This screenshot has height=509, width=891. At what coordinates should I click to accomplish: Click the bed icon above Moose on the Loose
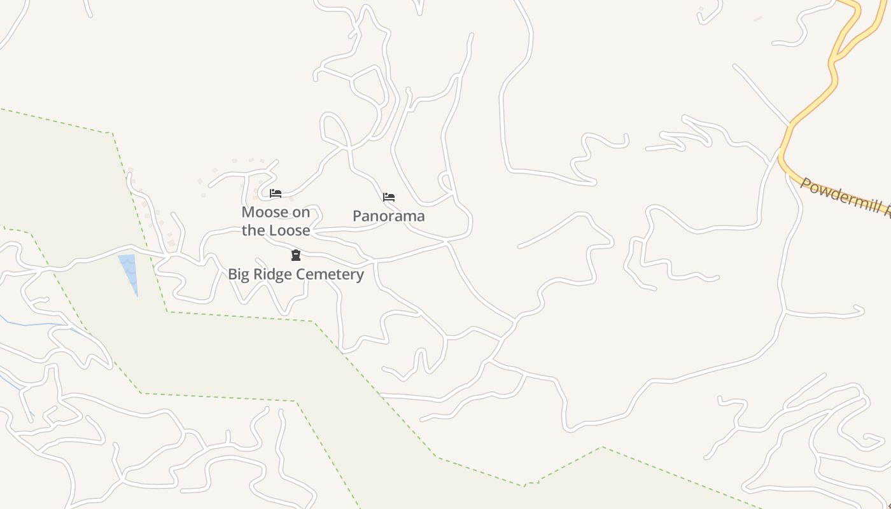tap(276, 193)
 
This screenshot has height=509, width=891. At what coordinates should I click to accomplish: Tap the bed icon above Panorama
tap(389, 197)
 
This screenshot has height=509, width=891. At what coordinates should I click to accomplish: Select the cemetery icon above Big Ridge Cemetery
tap(296, 255)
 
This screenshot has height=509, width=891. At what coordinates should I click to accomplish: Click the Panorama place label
tap(389, 216)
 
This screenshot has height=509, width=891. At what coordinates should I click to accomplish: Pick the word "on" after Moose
tap(302, 212)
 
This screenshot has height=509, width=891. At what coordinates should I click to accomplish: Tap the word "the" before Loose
tap(253, 230)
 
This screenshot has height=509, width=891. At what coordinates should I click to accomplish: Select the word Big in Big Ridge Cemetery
tap(239, 274)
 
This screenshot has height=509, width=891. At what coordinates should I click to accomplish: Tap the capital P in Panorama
tap(357, 216)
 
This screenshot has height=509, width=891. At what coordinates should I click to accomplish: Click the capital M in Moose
tap(247, 212)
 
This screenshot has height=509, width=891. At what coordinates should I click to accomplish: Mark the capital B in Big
tap(232, 274)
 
